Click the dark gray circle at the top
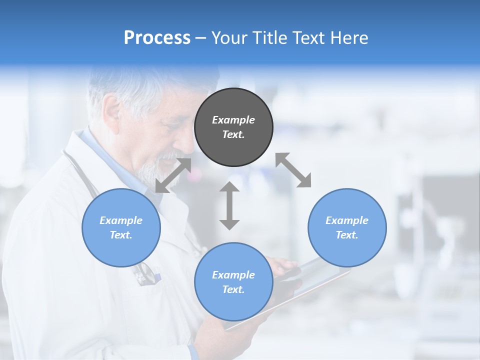coord(233,127)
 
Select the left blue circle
coord(121,227)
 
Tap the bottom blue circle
coord(233,282)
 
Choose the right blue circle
coord(347,227)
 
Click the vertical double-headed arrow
coord(229,205)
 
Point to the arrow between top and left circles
coord(173,175)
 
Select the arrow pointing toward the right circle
coord(293,170)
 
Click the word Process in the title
coord(157,38)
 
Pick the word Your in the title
coord(230,38)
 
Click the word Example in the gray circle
coord(233,120)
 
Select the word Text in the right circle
coord(347,235)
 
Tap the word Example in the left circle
coord(121,220)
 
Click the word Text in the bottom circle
coord(233,289)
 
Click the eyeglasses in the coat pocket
coord(145,274)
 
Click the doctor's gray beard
coord(152,170)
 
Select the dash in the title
coord(201,38)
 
